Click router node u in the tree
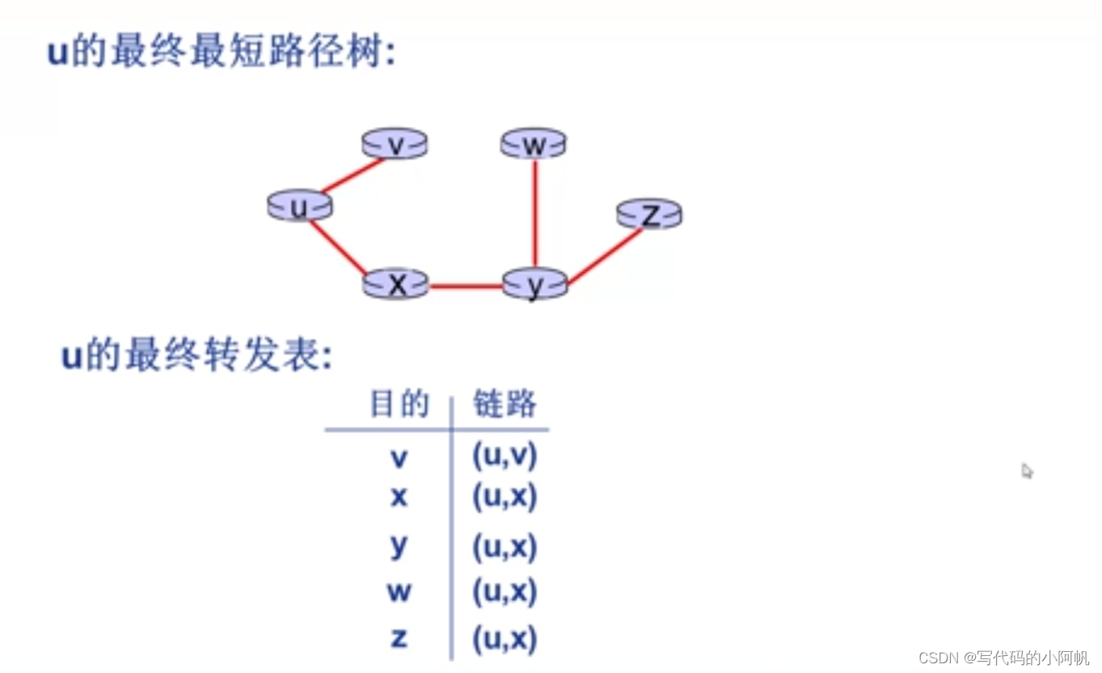point(300,207)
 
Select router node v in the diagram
point(395,144)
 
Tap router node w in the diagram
point(534,145)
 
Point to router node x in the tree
point(396,284)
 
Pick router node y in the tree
point(534,284)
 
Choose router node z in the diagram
point(649,214)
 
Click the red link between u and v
point(353,176)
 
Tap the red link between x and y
point(466,285)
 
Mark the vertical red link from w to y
point(534,213)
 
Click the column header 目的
point(399,404)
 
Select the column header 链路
point(505,404)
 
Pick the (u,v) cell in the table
point(505,456)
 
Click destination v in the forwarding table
point(399,458)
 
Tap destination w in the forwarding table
point(399,592)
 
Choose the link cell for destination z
point(505,639)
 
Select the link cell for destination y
point(505,548)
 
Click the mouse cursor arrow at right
point(1027,470)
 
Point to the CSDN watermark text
point(1003,658)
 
